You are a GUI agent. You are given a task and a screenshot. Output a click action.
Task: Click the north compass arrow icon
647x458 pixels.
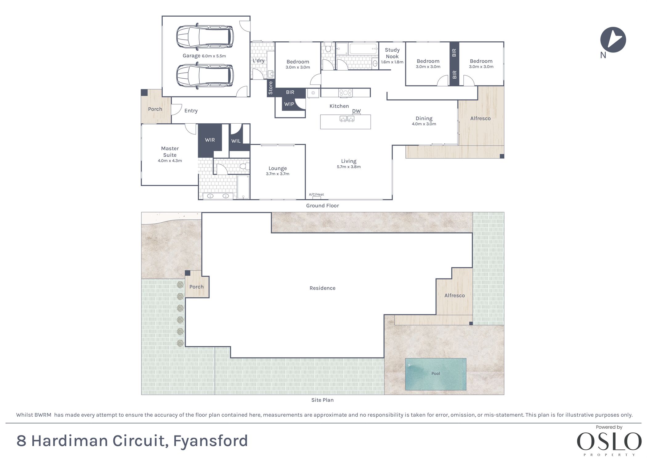pyautogui.click(x=613, y=40)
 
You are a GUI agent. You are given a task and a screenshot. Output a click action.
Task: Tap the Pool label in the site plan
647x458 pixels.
pyautogui.click(x=435, y=373)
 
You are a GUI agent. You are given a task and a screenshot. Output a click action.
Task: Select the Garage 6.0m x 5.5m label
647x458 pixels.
pyautogui.click(x=204, y=56)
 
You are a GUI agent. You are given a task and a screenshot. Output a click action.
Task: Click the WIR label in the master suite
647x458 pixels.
pyautogui.click(x=210, y=140)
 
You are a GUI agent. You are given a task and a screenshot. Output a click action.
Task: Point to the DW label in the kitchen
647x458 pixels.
pyautogui.click(x=356, y=111)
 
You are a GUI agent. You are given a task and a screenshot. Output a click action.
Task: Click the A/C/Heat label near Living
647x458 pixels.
pyautogui.click(x=316, y=194)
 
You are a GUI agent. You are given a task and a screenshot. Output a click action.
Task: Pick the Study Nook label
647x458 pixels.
pyautogui.click(x=392, y=53)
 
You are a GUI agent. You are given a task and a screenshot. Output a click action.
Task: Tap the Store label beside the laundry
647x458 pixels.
pyautogui.click(x=271, y=88)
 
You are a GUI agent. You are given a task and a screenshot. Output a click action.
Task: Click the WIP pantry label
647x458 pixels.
pyautogui.click(x=289, y=104)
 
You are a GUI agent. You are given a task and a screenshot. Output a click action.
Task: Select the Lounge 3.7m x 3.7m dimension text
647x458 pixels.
pyautogui.click(x=277, y=174)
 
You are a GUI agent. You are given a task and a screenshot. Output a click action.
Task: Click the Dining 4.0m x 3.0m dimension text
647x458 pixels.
pyautogui.click(x=424, y=124)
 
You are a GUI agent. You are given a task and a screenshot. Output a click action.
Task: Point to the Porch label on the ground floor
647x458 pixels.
pyautogui.click(x=155, y=109)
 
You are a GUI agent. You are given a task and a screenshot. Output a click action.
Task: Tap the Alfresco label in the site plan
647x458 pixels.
pyautogui.click(x=454, y=295)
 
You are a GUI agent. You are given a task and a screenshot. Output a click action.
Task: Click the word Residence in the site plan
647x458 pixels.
pyautogui.click(x=322, y=288)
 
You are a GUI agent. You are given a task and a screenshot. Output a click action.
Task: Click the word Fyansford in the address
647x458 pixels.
pyautogui.click(x=210, y=441)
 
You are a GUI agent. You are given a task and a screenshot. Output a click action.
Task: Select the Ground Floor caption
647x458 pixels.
pyautogui.click(x=322, y=206)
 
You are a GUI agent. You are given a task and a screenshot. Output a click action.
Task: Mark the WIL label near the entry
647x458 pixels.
pyautogui.click(x=236, y=141)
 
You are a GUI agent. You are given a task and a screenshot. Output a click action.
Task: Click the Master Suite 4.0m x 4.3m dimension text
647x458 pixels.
pyautogui.click(x=170, y=161)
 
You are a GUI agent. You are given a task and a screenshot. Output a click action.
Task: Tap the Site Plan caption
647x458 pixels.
pyautogui.click(x=322, y=400)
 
